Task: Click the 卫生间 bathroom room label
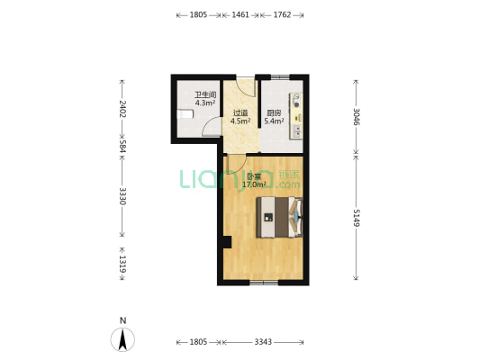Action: point(205,94)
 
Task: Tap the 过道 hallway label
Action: point(240,112)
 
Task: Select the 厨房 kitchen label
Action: point(274,113)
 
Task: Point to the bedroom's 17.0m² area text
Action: point(254,184)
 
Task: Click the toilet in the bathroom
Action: point(186,114)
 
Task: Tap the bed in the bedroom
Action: point(279,217)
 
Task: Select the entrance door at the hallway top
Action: point(246,87)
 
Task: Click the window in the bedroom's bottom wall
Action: point(264,282)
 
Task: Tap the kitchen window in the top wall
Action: point(280,77)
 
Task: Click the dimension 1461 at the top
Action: point(240,14)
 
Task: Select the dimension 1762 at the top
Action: point(282,14)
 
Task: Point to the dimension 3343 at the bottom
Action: point(263,342)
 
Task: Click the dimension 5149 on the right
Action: point(357,218)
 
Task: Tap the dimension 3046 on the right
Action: point(357,116)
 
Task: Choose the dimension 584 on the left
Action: point(122,146)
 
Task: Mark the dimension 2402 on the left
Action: point(122,109)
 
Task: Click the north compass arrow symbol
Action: point(122,339)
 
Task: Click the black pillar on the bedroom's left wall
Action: point(227,242)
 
